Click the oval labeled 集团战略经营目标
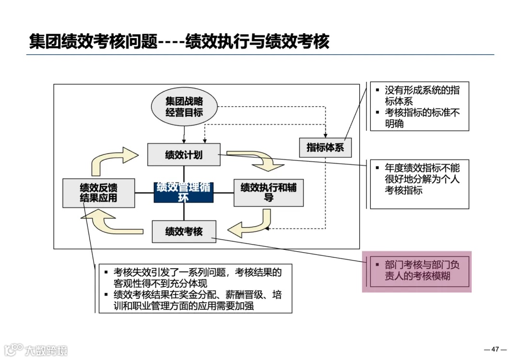pos(184,107)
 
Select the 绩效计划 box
pos(183,154)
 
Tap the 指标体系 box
pos(325,147)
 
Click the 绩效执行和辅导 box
pos(269,193)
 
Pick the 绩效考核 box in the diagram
pos(183,231)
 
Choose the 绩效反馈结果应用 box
pos(98,193)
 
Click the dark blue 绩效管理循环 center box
pos(183,192)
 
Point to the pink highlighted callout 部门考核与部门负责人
pos(416,271)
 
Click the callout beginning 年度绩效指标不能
pos(419,179)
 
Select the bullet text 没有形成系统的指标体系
pos(421,96)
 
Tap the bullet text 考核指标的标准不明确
pos(421,118)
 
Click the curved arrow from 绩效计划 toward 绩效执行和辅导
pos(258,161)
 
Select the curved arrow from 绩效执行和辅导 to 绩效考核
pos(250,226)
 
